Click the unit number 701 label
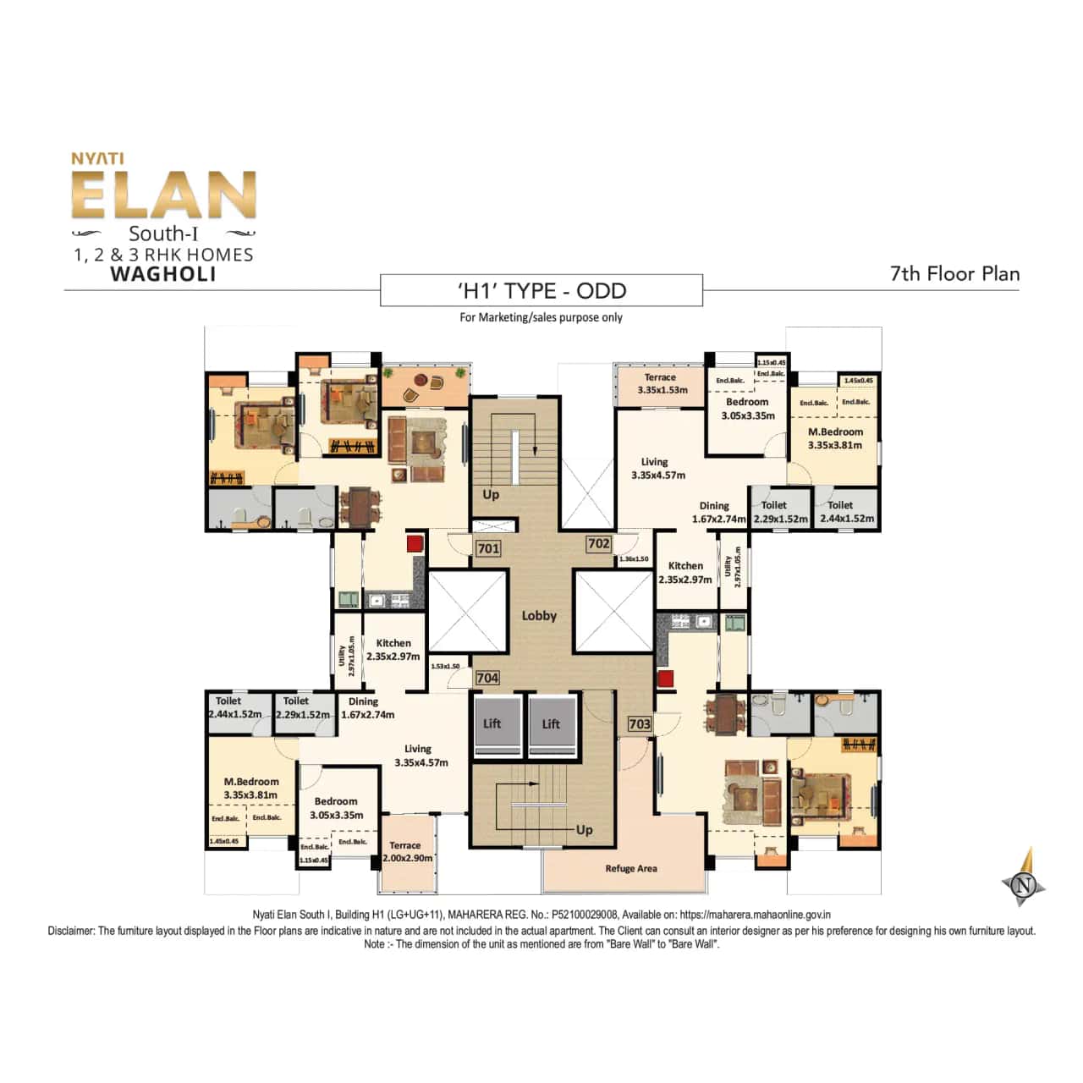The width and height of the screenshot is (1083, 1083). pyautogui.click(x=488, y=548)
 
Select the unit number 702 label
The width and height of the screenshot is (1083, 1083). pyautogui.click(x=598, y=544)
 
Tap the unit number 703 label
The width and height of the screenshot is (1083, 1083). pyautogui.click(x=640, y=723)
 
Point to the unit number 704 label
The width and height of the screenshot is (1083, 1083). pyautogui.click(x=487, y=678)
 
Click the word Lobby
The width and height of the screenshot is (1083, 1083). pyautogui.click(x=539, y=616)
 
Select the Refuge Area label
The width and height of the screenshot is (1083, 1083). pyautogui.click(x=630, y=868)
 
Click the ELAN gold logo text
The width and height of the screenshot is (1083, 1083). pyautogui.click(x=163, y=195)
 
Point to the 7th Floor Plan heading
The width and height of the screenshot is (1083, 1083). pyautogui.click(x=954, y=273)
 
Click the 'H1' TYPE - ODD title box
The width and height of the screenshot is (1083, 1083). pyautogui.click(x=541, y=291)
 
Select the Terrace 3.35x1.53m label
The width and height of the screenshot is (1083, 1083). pyautogui.click(x=661, y=384)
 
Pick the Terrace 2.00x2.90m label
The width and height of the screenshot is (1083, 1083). pyautogui.click(x=407, y=851)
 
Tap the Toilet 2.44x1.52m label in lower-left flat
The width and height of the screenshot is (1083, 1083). pyautogui.click(x=234, y=707)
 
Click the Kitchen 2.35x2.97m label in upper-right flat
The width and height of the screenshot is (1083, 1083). pyautogui.click(x=685, y=572)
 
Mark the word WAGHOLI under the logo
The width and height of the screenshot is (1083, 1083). pyautogui.click(x=163, y=274)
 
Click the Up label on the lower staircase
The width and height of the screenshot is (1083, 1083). pyautogui.click(x=584, y=830)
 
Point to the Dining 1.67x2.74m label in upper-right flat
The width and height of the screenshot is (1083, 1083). pyautogui.click(x=717, y=512)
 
